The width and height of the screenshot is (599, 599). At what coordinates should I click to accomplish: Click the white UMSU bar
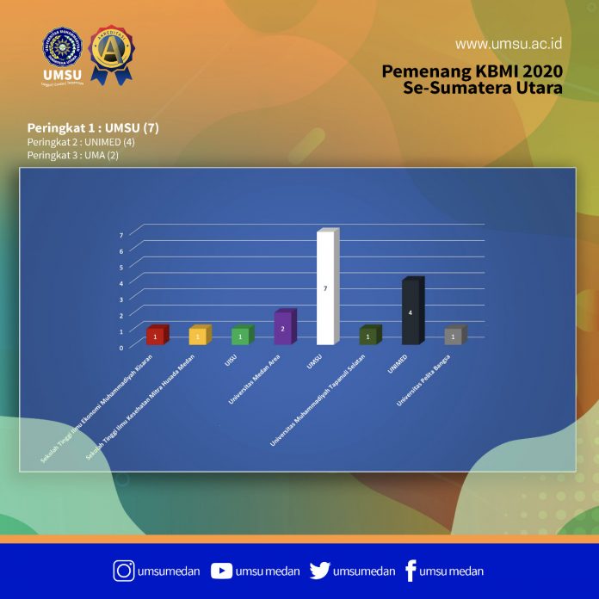coord(325,288)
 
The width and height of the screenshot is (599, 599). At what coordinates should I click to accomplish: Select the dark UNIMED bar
coord(411,312)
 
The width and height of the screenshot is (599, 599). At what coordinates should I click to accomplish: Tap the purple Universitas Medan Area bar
coord(283,328)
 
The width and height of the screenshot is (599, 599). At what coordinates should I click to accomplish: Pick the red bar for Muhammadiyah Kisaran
coord(155,336)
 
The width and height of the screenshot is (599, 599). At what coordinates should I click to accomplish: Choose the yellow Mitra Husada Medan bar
coord(198,336)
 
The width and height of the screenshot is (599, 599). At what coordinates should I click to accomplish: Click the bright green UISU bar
coord(241,336)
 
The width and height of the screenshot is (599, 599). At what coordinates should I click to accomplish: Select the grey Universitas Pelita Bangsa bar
coord(454,337)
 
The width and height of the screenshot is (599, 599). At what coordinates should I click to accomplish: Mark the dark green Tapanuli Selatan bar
coord(368,336)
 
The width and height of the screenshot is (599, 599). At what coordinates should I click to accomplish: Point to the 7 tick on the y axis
coord(120,234)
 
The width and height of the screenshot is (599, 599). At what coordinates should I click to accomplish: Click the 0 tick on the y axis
coord(120,347)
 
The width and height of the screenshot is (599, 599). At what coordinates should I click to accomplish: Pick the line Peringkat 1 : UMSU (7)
coord(93,128)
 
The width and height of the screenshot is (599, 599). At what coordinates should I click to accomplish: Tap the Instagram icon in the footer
coord(124,570)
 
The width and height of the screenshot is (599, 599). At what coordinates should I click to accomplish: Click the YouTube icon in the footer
coord(221,570)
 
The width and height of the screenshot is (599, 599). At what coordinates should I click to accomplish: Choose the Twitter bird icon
coord(319,570)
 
